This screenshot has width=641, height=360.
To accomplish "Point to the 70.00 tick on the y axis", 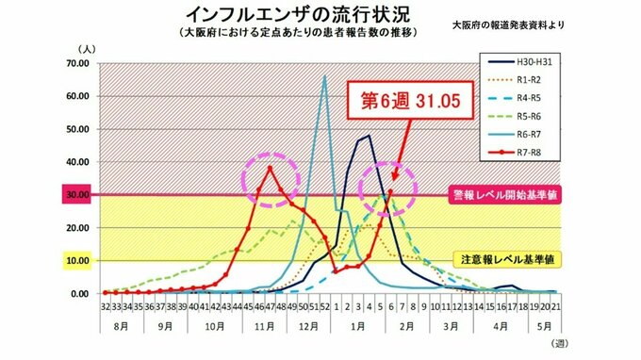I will (76, 63).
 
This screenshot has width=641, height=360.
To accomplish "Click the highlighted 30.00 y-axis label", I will (76, 195).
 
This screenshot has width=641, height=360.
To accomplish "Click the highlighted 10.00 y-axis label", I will (76, 261).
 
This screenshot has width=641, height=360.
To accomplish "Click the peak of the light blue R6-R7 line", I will (325, 76).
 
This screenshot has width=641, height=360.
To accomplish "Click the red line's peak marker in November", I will (271, 168).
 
